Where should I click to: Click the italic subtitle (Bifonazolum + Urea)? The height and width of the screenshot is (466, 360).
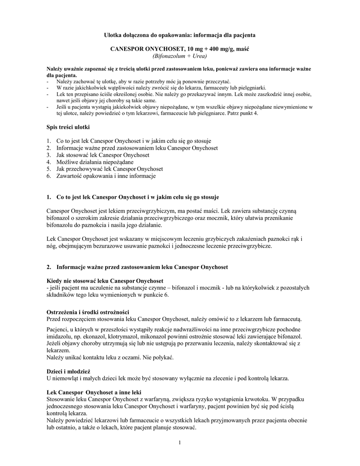[x=180, y=56]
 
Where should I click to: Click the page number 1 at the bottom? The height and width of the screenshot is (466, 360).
[x=180, y=443]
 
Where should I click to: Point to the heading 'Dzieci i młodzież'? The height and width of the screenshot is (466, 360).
[x=69, y=371]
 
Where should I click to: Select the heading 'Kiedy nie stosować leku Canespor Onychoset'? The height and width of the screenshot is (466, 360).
[x=105, y=280]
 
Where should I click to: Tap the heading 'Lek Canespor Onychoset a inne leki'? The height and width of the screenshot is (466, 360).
[x=94, y=392]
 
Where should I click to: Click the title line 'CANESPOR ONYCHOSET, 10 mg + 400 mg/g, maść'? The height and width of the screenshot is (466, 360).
[x=180, y=49]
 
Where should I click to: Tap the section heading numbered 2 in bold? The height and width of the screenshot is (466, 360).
[x=142, y=266]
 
